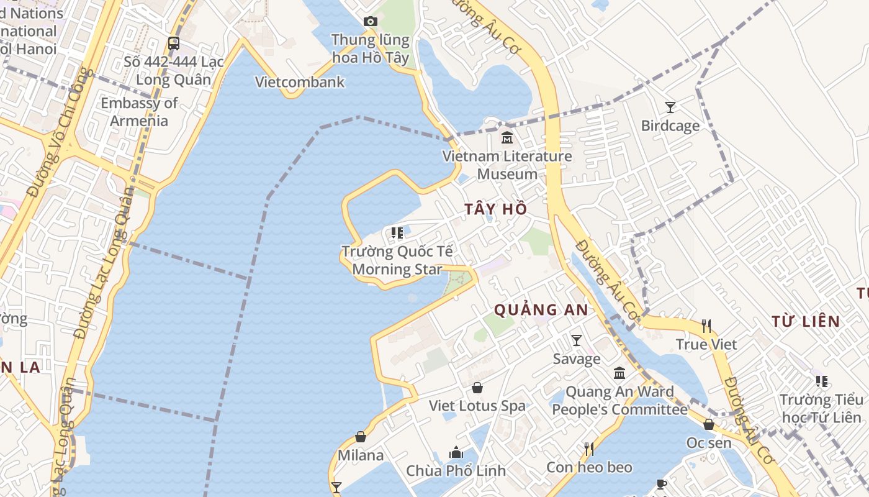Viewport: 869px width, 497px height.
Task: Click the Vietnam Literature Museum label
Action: pos(507,165)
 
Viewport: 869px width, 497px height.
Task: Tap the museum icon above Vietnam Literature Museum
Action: pos(507,137)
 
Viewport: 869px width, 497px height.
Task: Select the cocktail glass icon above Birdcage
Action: pos(670,107)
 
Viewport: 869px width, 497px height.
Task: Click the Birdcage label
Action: pos(670,126)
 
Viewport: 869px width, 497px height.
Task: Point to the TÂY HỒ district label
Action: pos(496,209)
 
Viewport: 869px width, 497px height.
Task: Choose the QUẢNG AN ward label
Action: pos(541,309)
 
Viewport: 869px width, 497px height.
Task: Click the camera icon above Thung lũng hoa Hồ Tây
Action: pos(370,22)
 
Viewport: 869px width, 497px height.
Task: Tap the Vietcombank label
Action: pos(300,82)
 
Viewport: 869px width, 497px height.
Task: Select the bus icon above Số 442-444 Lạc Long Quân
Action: pos(174,43)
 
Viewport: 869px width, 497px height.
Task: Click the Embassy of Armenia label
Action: pos(139,112)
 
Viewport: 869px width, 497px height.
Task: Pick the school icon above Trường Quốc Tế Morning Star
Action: pos(397,234)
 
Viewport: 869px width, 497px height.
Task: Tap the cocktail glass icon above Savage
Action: pos(577,340)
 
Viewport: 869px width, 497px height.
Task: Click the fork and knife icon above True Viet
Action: pos(706,326)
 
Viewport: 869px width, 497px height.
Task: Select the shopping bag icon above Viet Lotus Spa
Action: pos(477,388)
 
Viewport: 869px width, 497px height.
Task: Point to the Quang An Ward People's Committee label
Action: pos(619,401)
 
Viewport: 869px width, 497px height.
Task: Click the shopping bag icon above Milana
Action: pos(361,437)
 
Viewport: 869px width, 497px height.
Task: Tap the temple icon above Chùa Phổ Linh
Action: pos(456,452)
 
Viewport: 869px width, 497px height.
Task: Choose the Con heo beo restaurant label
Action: pos(589,467)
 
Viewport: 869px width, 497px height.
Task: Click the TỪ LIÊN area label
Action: pos(806,321)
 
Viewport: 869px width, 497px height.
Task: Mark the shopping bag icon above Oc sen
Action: pos(709,424)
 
